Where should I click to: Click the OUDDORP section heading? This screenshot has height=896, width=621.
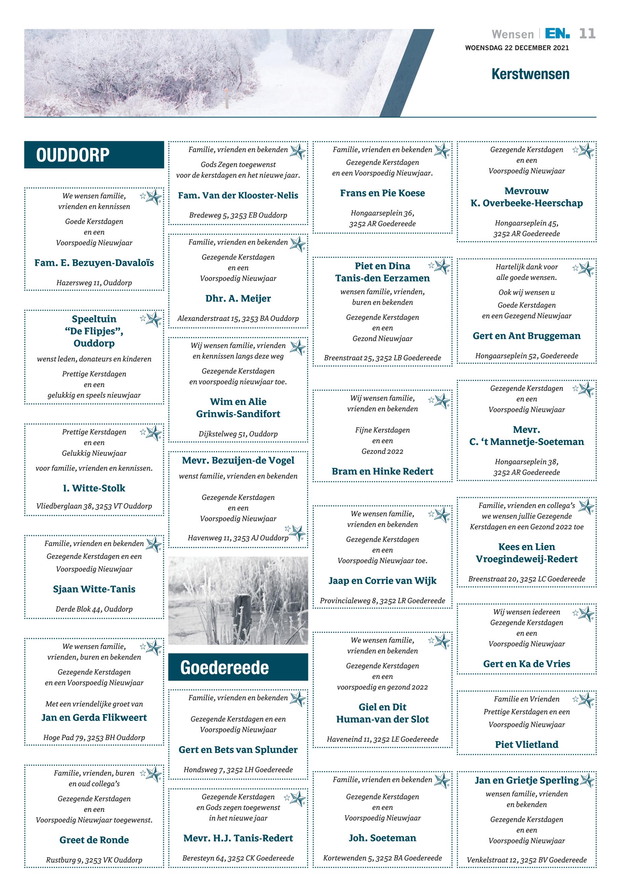coord(73,155)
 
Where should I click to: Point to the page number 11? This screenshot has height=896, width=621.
coord(587,34)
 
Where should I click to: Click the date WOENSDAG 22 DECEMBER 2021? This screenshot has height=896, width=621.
coord(517,48)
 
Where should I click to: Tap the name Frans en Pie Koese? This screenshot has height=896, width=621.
coord(382,193)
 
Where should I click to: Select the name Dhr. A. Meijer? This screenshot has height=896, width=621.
coord(238,298)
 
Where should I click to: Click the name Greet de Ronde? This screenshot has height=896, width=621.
coord(94,840)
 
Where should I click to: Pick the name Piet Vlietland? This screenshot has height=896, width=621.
coord(526,744)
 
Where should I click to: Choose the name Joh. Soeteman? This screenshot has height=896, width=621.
coord(382,838)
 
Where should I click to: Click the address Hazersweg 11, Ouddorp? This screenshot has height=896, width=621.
coord(94,283)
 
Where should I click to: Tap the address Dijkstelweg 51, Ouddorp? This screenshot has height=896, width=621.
coord(238,434)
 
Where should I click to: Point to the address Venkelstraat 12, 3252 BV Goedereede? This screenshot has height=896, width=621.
coord(526,860)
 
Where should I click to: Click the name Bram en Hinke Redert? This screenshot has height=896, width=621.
coord(382,472)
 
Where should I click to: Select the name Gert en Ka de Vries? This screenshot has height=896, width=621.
coord(526,664)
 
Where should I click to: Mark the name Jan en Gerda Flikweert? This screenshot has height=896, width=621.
coord(94,718)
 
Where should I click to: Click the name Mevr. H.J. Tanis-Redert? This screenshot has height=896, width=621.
coord(238,838)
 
